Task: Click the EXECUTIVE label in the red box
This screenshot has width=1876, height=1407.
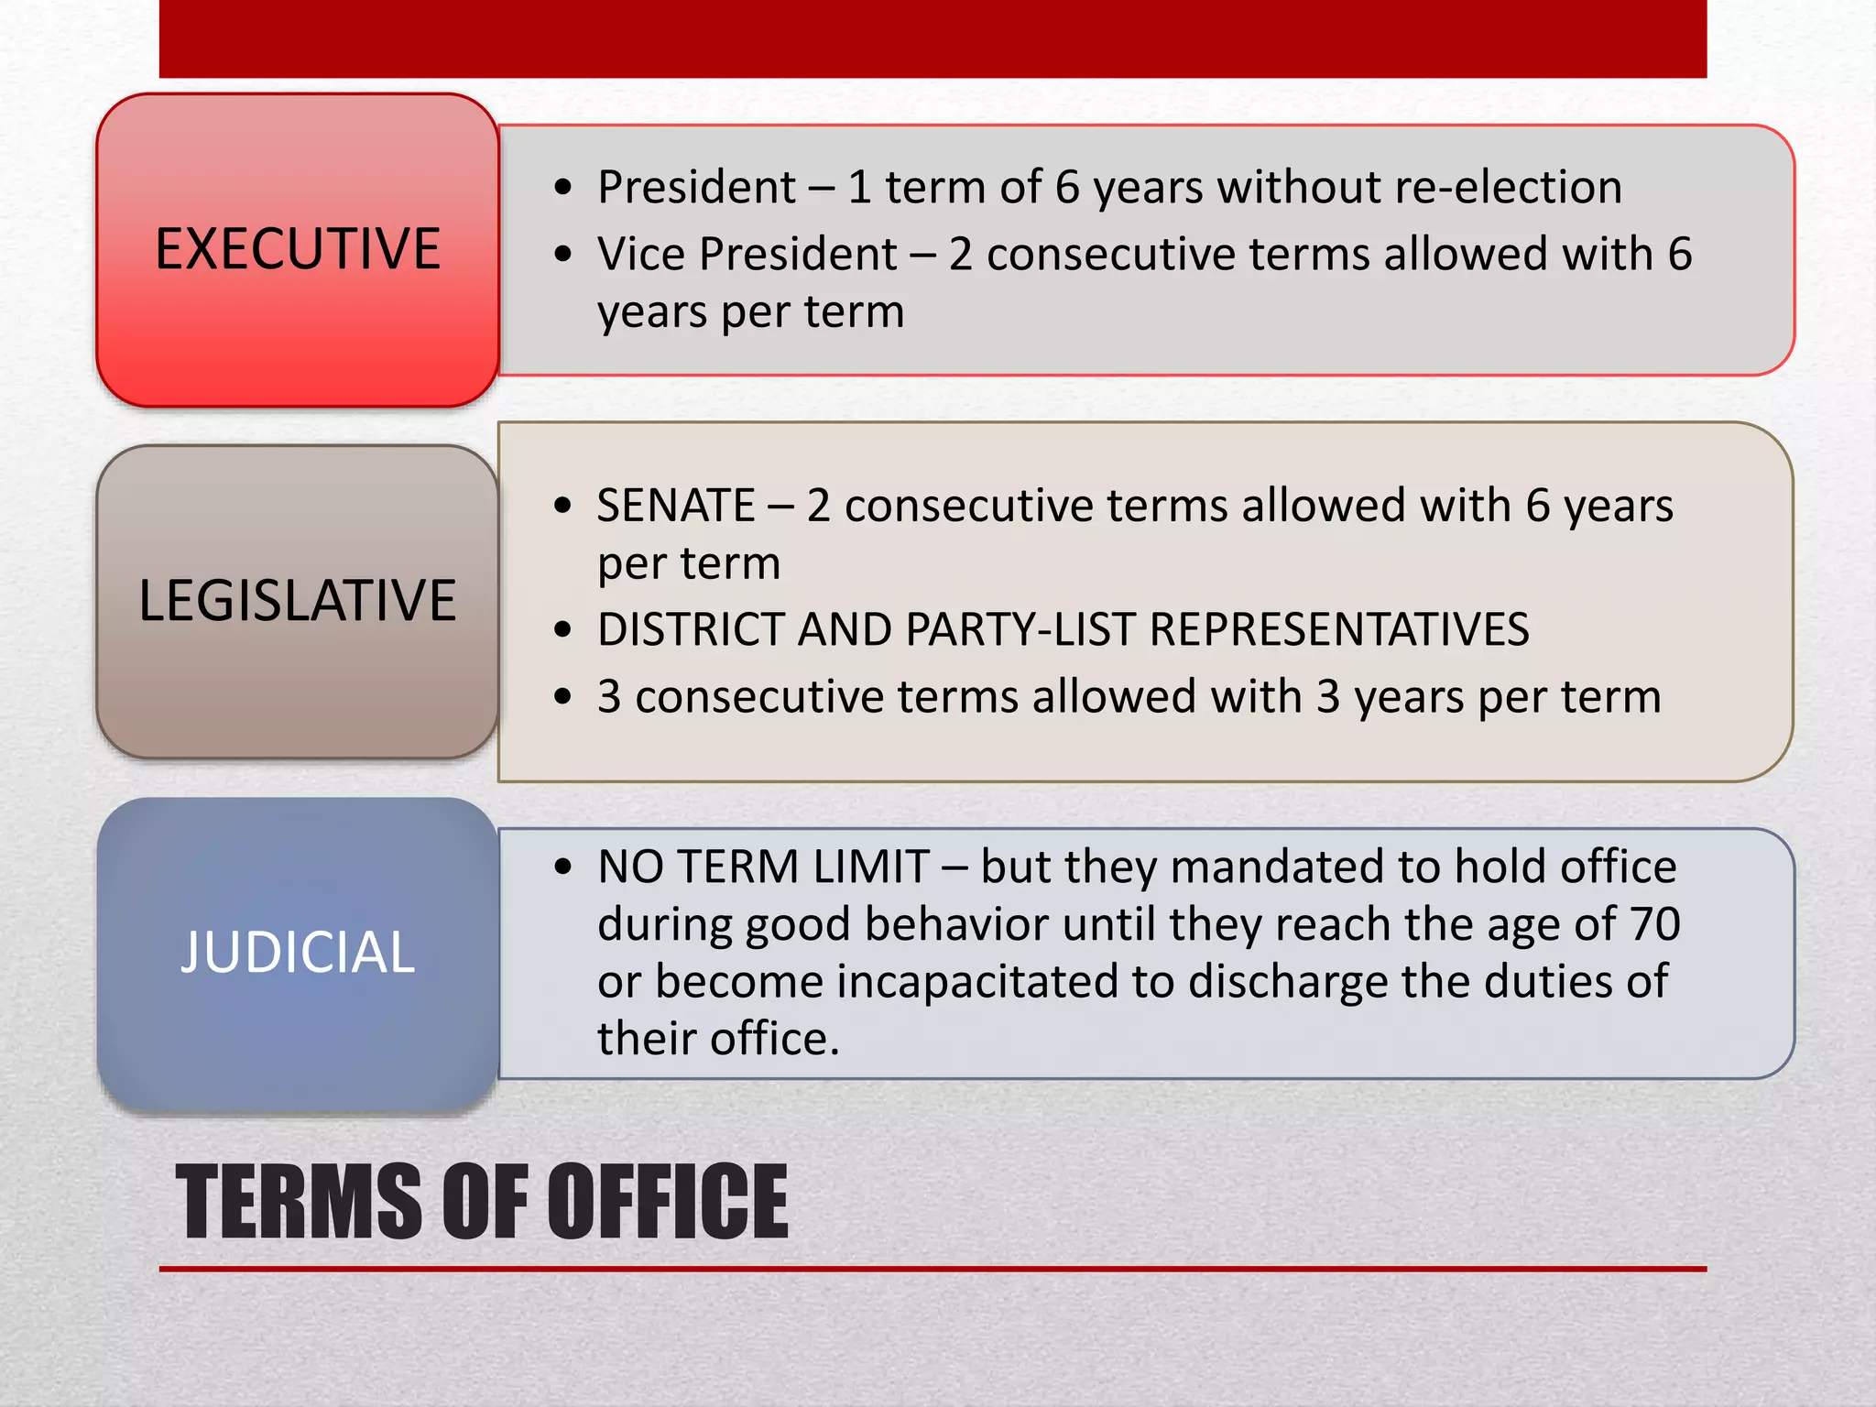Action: pyautogui.click(x=298, y=249)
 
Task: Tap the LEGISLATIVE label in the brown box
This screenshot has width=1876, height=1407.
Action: pyautogui.click(x=298, y=601)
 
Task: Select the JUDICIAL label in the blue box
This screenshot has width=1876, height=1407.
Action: pyautogui.click(x=298, y=952)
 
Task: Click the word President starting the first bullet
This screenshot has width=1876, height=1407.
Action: pyautogui.click(x=696, y=188)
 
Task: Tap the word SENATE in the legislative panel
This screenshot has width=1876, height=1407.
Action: pyautogui.click(x=676, y=506)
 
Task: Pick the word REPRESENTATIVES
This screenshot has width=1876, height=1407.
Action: pyautogui.click(x=1338, y=630)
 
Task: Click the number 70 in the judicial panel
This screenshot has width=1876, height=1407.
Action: pyautogui.click(x=1654, y=924)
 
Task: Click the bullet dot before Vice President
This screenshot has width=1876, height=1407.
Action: pyautogui.click(x=562, y=254)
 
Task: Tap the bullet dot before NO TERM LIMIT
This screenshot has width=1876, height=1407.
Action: pyautogui.click(x=562, y=867)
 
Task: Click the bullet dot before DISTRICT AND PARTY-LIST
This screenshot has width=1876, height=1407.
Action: pyautogui.click(x=562, y=630)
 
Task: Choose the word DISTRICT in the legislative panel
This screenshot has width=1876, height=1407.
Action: pyautogui.click(x=690, y=630)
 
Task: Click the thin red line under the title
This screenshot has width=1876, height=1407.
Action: pyautogui.click(x=933, y=1269)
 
